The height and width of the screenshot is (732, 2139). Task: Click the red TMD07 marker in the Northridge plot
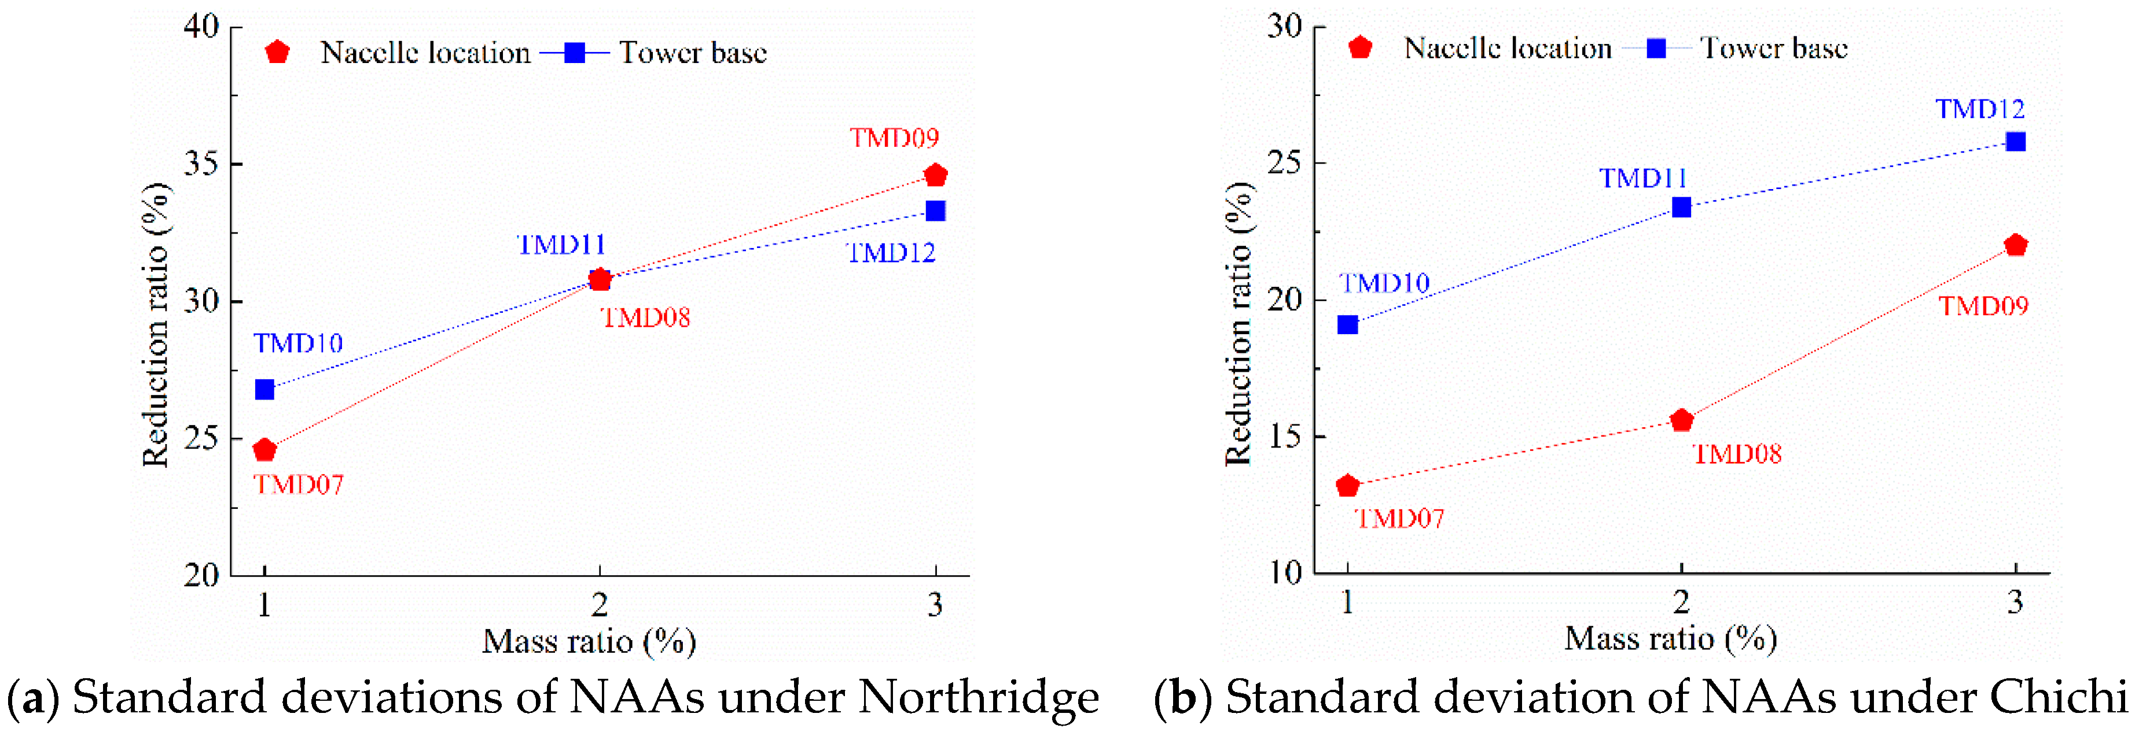[x=264, y=450]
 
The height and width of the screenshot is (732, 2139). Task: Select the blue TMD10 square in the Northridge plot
[x=264, y=389]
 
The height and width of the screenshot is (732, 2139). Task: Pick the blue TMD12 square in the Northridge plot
[x=935, y=211]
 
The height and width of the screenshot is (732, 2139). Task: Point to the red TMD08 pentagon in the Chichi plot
[x=1681, y=420]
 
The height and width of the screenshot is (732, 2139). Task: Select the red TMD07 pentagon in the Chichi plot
[x=1348, y=486]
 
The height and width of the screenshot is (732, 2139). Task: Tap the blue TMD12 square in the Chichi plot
[x=2015, y=142]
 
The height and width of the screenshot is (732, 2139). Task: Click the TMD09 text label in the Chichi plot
[x=1983, y=306]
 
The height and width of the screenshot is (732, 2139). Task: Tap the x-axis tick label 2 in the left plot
[x=600, y=605]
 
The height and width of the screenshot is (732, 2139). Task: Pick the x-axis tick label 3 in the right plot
[x=2015, y=602]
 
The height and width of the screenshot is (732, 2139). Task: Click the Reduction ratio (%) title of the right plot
[x=1239, y=324]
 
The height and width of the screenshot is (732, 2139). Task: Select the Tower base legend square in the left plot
[x=575, y=53]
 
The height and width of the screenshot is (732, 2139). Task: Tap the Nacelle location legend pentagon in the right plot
[x=1359, y=48]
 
